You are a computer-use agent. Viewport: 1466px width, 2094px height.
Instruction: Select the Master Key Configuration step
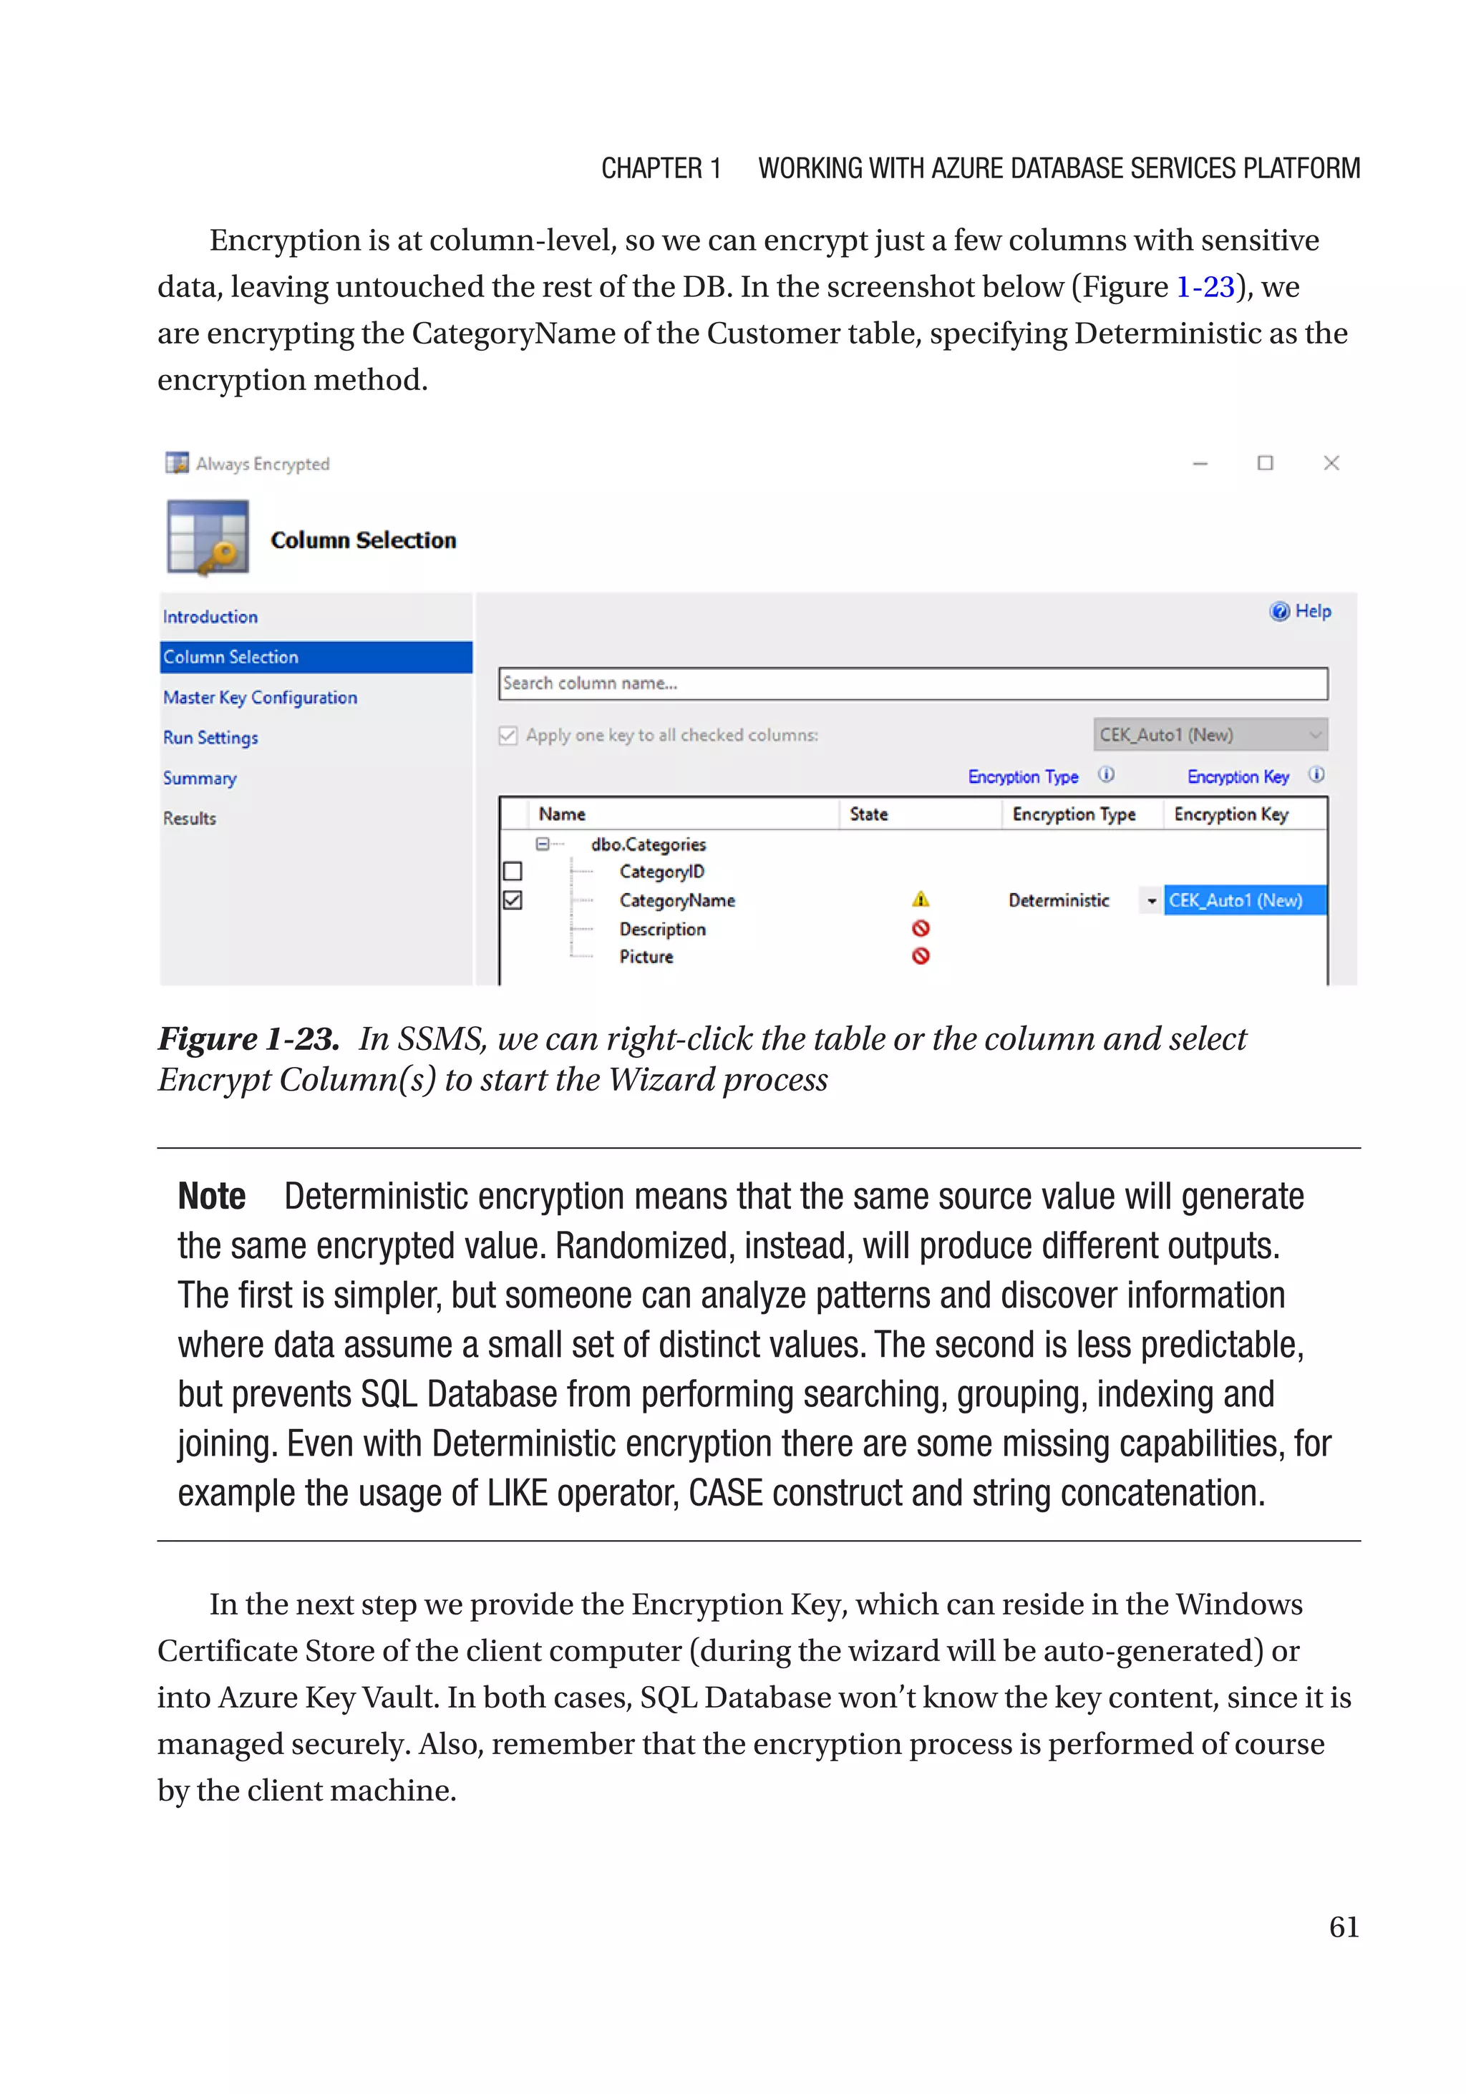click(x=260, y=698)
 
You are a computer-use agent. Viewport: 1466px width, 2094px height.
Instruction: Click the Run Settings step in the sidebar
click(x=210, y=738)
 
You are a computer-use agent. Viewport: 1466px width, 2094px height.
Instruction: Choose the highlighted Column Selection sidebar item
click(x=230, y=658)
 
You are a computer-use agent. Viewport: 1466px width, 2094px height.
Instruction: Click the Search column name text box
click(x=912, y=684)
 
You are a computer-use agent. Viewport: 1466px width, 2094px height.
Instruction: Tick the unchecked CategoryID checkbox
click(x=513, y=872)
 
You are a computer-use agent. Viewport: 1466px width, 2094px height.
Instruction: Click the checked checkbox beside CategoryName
click(x=513, y=900)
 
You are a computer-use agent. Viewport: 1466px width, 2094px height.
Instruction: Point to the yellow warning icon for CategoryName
click(x=921, y=900)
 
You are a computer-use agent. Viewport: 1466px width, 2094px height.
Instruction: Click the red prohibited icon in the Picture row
click(x=921, y=957)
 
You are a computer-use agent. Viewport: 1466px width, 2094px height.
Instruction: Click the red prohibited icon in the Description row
click(x=921, y=928)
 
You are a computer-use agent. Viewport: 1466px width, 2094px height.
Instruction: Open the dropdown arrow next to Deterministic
click(x=1151, y=901)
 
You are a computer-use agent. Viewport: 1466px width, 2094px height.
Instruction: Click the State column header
click(x=868, y=814)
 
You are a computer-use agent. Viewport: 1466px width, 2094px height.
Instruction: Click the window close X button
click(x=1331, y=463)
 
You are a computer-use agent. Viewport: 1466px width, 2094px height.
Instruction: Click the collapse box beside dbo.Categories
click(x=542, y=844)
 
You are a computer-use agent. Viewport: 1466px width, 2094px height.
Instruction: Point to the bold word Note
click(x=212, y=1197)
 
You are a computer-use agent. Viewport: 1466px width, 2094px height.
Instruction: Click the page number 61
click(x=1343, y=1927)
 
